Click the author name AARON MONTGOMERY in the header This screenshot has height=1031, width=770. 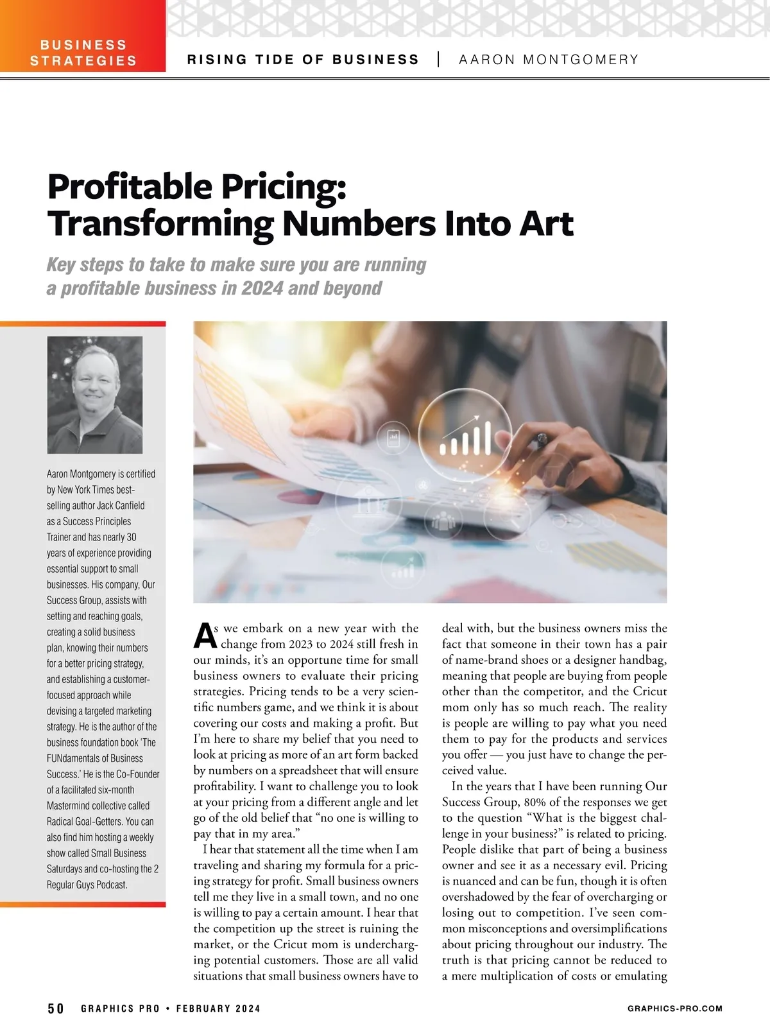tap(549, 60)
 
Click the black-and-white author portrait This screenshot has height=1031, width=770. tap(95, 395)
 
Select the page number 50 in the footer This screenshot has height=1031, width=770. tap(56, 1009)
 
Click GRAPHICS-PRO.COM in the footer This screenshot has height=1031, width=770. tap(674, 1009)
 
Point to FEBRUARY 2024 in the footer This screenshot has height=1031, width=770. tap(218, 1009)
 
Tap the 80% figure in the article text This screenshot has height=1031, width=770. tap(536, 802)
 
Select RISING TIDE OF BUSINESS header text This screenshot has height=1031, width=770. tap(303, 60)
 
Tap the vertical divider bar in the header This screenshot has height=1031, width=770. tap(439, 60)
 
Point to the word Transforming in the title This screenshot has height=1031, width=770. tap(160, 223)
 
